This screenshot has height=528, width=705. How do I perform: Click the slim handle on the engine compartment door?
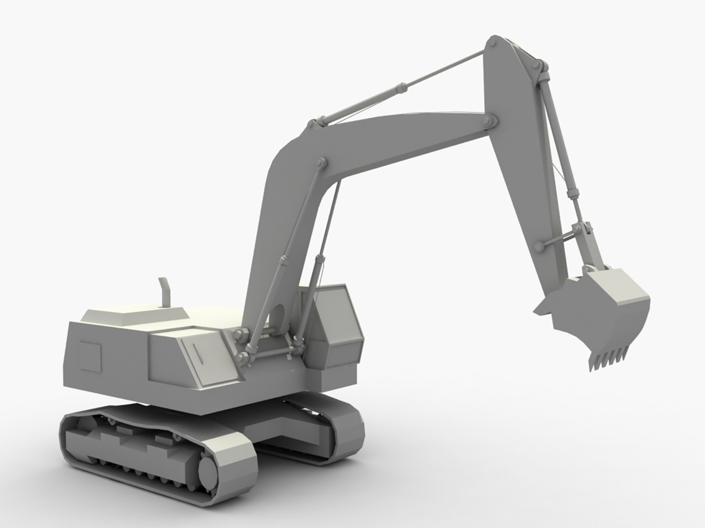199,353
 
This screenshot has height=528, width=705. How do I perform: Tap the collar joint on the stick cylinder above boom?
402,88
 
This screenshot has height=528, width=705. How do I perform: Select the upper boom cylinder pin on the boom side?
321,162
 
